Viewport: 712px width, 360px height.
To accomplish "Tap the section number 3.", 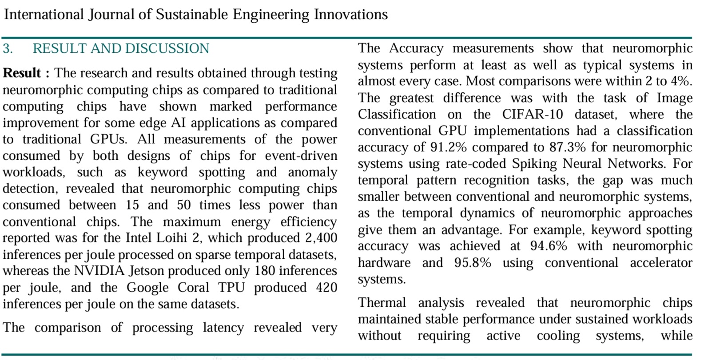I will point(8,48).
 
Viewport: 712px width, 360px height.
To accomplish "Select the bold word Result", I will point(22,73).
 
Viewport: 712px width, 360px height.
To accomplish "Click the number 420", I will point(326,288).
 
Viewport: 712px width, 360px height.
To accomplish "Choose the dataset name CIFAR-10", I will point(533,115).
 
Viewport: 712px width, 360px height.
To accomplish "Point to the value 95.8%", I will point(473,263).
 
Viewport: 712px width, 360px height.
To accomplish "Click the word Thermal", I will point(382,303).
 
